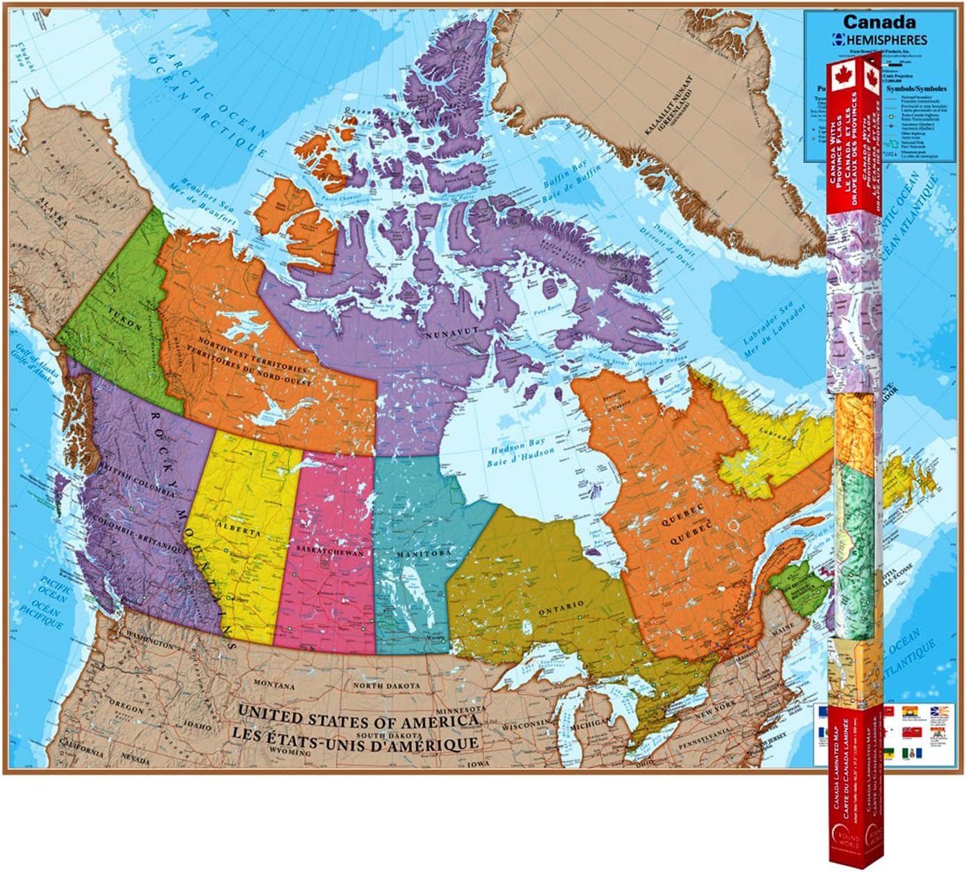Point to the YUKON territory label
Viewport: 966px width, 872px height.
tap(124, 326)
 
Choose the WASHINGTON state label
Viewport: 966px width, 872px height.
tap(149, 645)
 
